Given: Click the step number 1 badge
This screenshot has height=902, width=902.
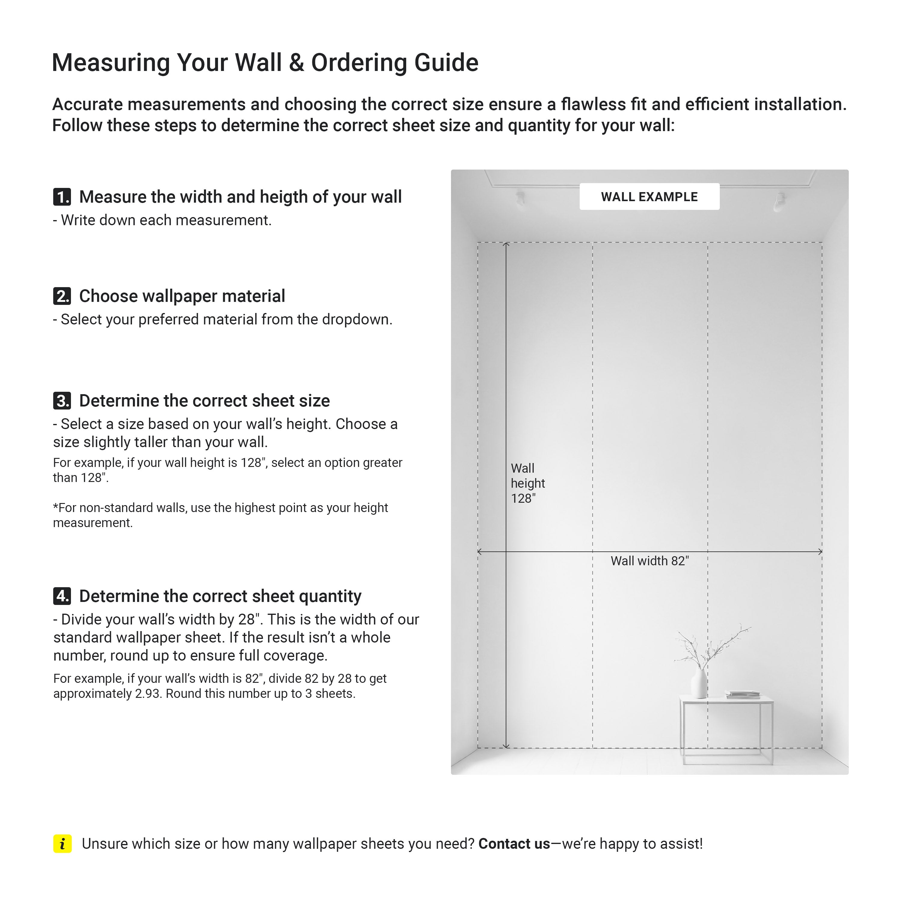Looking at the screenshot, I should [62, 197].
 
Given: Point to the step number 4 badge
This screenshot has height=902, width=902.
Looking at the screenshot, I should [62, 596].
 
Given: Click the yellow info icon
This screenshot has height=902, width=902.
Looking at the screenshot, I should [63, 844].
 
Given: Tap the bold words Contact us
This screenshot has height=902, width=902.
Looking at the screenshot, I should [514, 844].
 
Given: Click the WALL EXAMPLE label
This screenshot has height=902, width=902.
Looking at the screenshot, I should [649, 197].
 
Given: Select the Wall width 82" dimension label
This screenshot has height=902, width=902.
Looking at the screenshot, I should [649, 561].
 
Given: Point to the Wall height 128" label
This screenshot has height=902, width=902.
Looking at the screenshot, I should [528, 483].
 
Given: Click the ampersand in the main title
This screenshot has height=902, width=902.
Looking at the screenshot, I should [296, 63].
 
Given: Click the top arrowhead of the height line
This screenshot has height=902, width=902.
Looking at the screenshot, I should [506, 244].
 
